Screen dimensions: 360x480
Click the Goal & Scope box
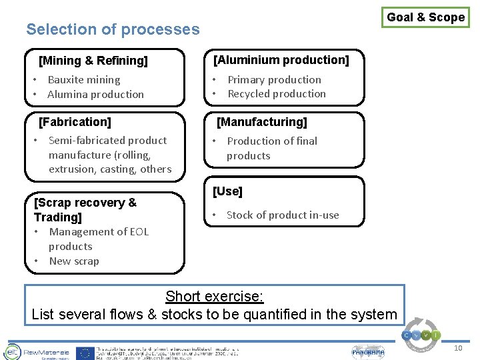click(x=426, y=17)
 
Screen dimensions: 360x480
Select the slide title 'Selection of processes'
click(x=113, y=29)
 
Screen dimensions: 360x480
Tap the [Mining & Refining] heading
click(x=93, y=61)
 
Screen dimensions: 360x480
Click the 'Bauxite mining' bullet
click(x=83, y=80)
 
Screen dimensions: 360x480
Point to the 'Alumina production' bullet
click(x=95, y=95)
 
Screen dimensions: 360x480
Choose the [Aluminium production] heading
click(x=281, y=60)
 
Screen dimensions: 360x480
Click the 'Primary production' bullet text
click(x=274, y=80)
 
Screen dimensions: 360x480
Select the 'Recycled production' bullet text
click(x=277, y=94)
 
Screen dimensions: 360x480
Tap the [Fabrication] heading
click(x=75, y=122)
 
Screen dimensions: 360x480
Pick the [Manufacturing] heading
click(x=262, y=122)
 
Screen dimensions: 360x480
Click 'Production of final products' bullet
click(x=271, y=148)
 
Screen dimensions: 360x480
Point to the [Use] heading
click(x=227, y=191)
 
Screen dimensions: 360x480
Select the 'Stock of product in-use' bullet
click(x=283, y=215)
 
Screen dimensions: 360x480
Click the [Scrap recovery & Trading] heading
click(x=85, y=209)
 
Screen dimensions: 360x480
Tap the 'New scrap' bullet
click(x=73, y=261)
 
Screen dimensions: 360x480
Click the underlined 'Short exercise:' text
click(x=214, y=296)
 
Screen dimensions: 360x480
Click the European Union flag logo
click(x=85, y=353)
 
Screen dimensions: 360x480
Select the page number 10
click(x=457, y=349)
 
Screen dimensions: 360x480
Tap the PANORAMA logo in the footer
click(x=368, y=352)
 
